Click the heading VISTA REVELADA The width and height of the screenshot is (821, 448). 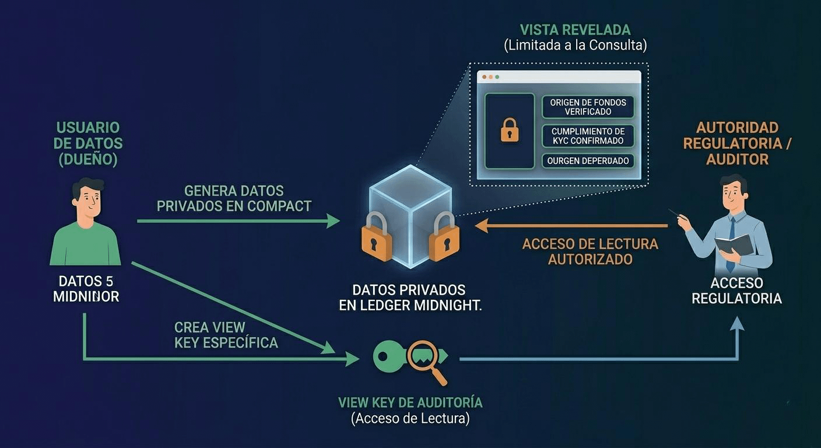575,30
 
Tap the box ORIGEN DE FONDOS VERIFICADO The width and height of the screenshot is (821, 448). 588,107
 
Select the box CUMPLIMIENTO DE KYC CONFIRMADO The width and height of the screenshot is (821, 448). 588,136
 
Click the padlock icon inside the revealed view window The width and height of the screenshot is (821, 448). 510,130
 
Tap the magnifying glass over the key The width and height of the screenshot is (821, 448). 424,356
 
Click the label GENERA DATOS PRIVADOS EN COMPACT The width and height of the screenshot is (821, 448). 234,198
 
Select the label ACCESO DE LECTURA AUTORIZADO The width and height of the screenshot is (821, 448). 590,251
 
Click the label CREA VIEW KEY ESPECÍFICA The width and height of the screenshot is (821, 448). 226,335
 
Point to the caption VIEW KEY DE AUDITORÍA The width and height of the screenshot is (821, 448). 410,402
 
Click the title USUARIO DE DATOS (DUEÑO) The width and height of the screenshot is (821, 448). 89,143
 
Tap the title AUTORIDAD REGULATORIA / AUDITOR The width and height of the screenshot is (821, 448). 737,143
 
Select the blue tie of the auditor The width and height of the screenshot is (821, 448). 731,245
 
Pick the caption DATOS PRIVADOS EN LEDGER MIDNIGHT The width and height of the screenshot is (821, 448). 410,297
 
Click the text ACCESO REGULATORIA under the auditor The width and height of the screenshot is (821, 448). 736,290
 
